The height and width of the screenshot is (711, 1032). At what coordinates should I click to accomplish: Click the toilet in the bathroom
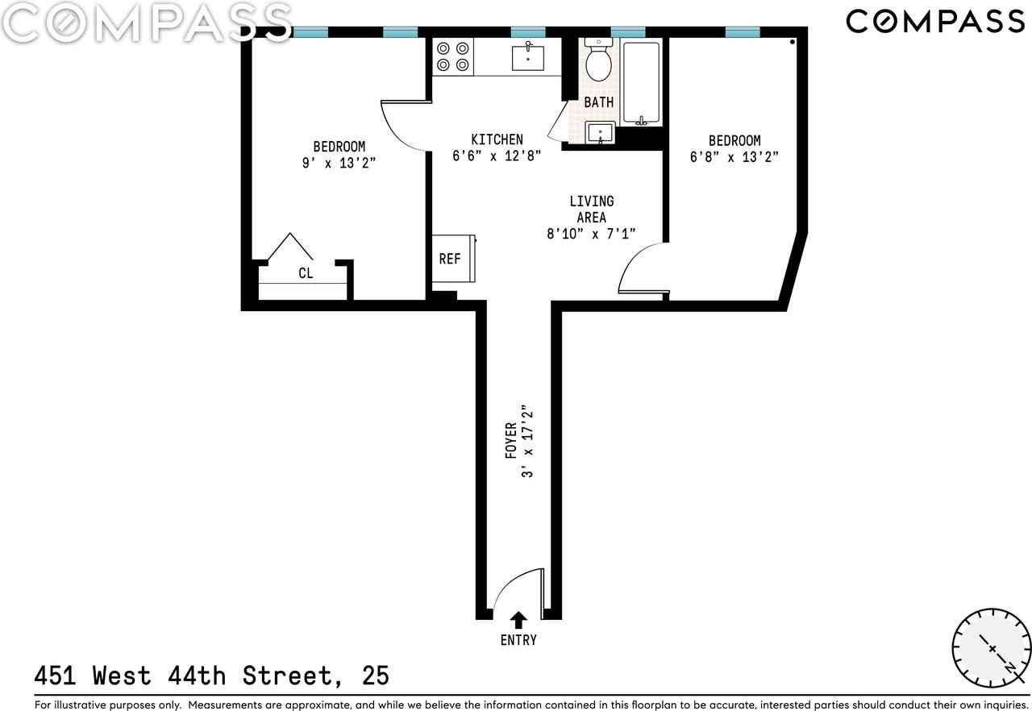click(598, 60)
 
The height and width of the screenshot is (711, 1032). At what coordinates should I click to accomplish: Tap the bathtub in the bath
click(641, 82)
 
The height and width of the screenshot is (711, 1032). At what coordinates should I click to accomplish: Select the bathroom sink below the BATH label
click(600, 133)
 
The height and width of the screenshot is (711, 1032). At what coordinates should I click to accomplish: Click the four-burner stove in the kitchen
click(453, 56)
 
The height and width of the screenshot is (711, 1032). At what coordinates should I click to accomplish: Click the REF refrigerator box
click(454, 258)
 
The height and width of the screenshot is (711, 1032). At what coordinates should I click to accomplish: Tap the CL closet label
click(306, 273)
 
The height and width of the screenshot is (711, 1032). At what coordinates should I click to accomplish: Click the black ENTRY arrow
click(518, 619)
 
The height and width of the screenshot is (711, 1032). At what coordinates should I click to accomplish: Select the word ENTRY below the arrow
click(518, 640)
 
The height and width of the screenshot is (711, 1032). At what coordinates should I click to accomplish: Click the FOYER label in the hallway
click(511, 440)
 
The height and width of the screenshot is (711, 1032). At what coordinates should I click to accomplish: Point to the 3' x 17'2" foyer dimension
click(527, 441)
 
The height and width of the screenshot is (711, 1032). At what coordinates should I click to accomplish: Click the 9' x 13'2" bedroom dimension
click(339, 163)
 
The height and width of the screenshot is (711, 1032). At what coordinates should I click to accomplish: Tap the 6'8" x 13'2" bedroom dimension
click(734, 157)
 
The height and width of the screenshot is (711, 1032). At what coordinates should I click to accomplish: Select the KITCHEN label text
click(497, 139)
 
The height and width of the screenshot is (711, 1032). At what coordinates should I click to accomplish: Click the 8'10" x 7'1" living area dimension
click(591, 234)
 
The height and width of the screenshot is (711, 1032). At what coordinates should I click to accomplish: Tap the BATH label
click(598, 102)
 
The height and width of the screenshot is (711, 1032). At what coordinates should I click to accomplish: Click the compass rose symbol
click(992, 648)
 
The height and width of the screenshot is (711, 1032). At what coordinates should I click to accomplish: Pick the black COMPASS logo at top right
click(934, 22)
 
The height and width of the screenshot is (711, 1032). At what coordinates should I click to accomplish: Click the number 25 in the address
click(376, 676)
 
